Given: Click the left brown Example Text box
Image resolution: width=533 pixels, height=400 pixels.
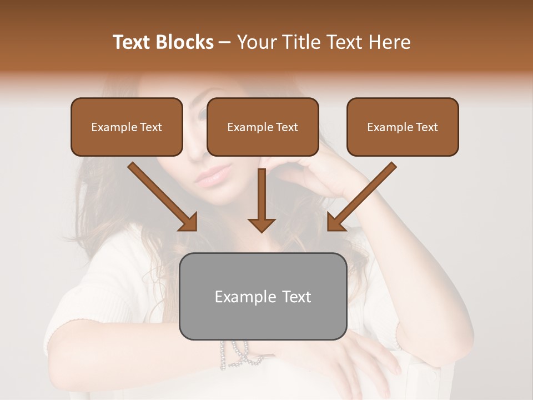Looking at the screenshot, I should coord(127,127).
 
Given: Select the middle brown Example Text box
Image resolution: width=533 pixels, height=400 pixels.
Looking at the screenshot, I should coord(263,127).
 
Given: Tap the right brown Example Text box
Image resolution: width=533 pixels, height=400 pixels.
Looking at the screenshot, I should coord(403,127).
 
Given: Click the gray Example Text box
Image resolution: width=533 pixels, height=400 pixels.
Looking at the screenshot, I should coord(263,296).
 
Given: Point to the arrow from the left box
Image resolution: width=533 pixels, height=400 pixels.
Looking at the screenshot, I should coord(162,197).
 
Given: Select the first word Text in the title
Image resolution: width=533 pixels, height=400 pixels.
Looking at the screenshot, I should coord(133,42).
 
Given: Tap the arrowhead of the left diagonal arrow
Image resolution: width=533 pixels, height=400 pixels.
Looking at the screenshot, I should coord(189,223).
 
